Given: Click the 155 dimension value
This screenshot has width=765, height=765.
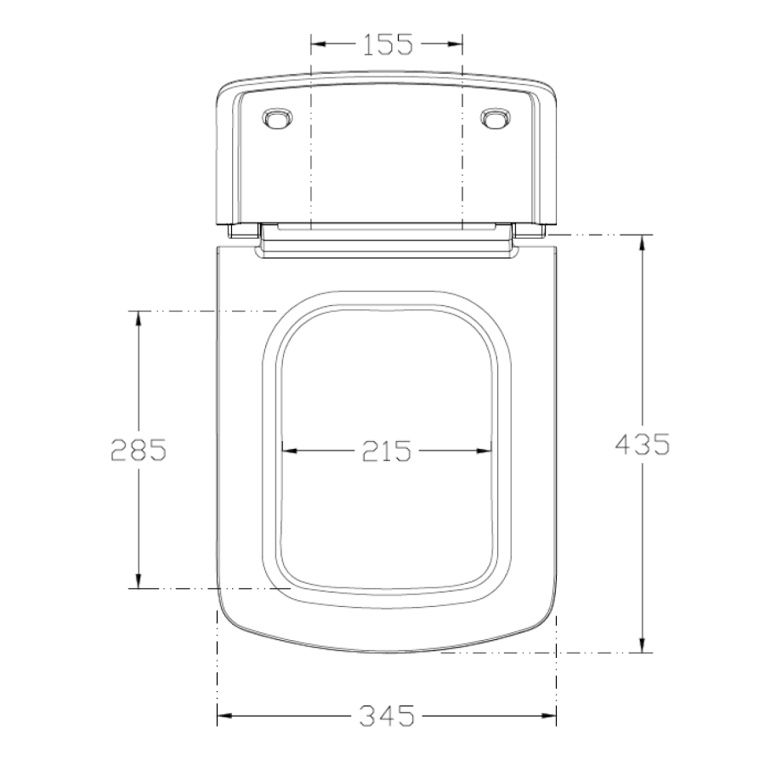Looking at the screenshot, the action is pyautogui.click(x=388, y=44).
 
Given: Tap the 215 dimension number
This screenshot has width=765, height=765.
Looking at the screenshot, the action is pyautogui.click(x=387, y=450).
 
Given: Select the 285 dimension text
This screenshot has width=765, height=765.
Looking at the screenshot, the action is pyautogui.click(x=139, y=450).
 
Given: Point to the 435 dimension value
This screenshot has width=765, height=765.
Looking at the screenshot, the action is pyautogui.click(x=642, y=445).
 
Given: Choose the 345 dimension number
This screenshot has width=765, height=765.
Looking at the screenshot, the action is pyautogui.click(x=387, y=716).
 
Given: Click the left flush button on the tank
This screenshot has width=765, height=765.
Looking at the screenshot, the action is pyautogui.click(x=278, y=118).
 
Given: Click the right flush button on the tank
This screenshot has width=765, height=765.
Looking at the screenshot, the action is pyautogui.click(x=496, y=118).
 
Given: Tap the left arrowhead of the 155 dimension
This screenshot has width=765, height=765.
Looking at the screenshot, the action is pyautogui.click(x=319, y=44).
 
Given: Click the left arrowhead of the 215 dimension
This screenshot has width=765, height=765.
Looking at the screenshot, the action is pyautogui.click(x=290, y=450).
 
